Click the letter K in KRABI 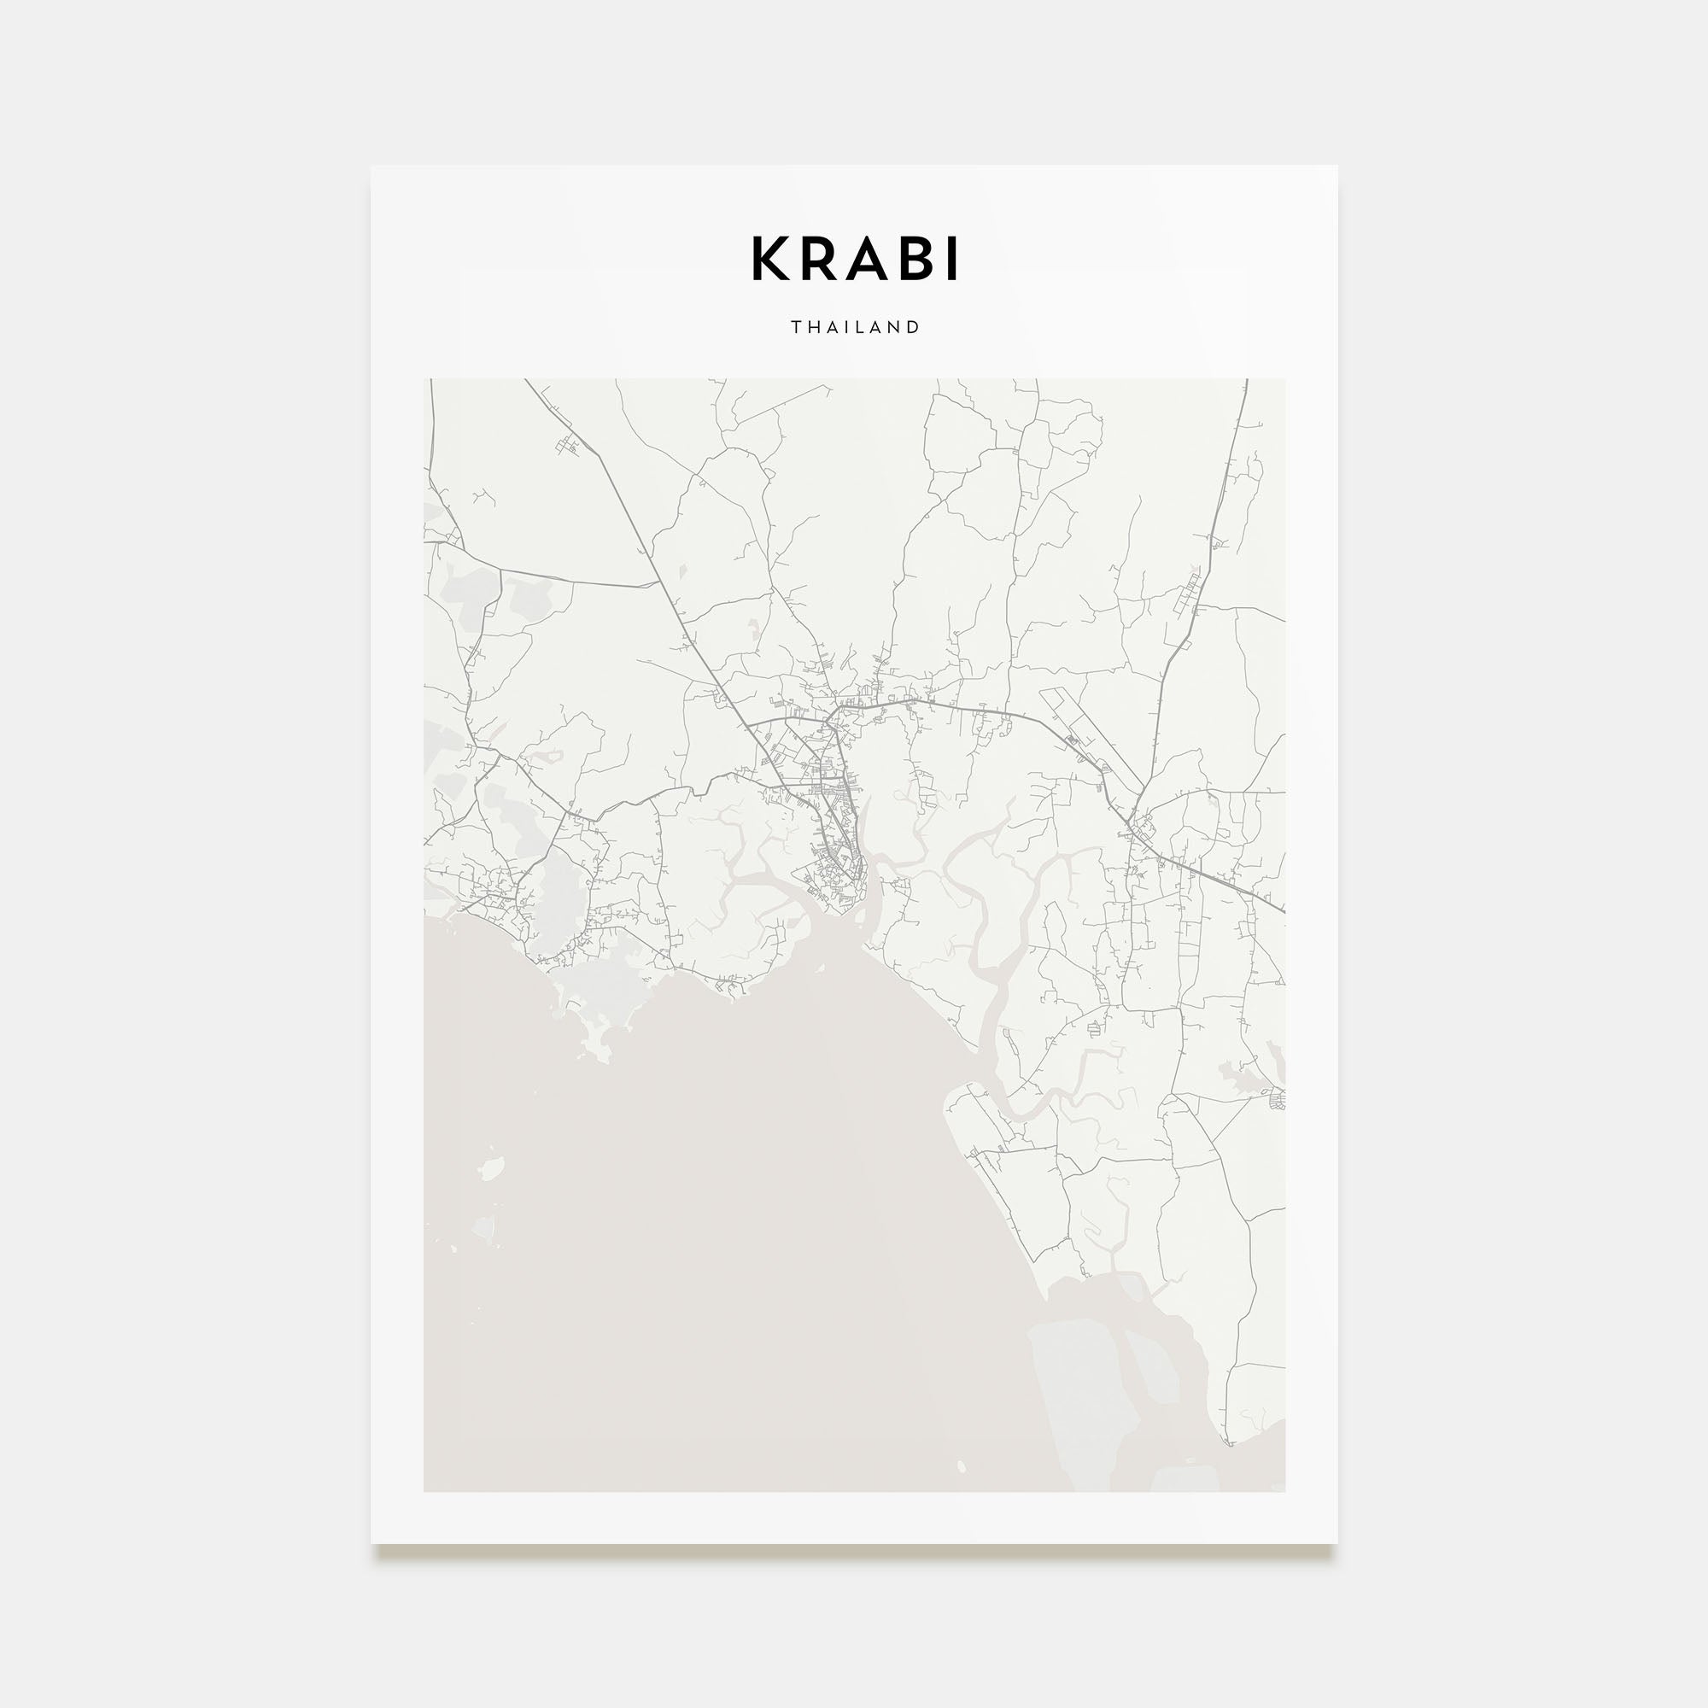point(769,258)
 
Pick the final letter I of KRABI point(952,258)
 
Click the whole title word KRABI point(854,258)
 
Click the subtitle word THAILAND point(855,327)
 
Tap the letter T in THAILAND point(796,327)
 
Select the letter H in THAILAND point(814,327)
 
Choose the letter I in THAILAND point(851,327)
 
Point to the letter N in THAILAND point(896,327)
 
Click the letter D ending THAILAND point(914,327)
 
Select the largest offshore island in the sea point(492,1167)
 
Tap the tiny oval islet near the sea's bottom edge point(961,1466)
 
